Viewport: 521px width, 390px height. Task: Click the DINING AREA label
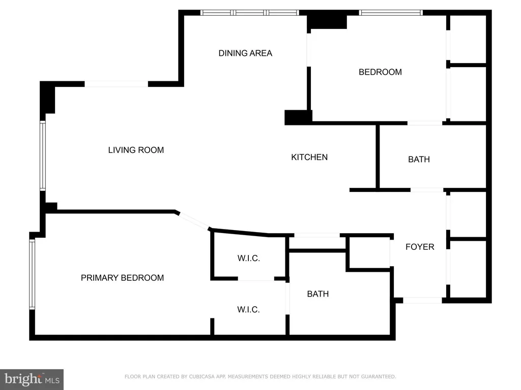click(245, 53)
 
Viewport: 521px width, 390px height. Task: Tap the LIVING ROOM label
click(136, 150)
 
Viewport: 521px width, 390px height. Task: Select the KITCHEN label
click(309, 157)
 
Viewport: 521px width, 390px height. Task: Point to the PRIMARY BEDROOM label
click(122, 278)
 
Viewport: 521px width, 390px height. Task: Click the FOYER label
click(420, 247)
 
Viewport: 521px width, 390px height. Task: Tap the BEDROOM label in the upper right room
click(380, 72)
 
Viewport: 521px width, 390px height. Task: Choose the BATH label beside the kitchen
click(419, 159)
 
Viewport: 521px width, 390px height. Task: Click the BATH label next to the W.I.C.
click(317, 294)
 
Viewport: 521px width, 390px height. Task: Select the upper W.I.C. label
click(248, 258)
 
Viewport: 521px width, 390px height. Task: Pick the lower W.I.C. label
click(248, 309)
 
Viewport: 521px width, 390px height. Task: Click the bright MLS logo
click(32, 379)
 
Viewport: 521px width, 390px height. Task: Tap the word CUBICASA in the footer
click(202, 376)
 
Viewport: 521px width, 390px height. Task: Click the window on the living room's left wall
click(43, 155)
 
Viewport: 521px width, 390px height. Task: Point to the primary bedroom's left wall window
click(32, 274)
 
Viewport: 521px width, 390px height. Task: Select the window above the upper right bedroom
click(391, 13)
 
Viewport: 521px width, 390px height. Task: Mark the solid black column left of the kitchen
click(298, 117)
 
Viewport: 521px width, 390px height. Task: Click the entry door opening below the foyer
click(422, 300)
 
